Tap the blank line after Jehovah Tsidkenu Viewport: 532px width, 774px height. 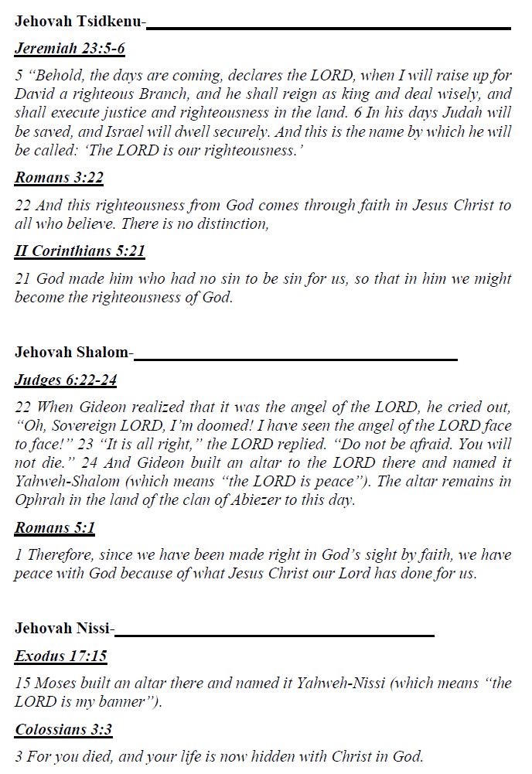pyautogui.click(x=329, y=28)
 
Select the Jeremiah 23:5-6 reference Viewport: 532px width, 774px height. pyautogui.click(x=70, y=49)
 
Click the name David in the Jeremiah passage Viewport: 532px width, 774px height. pyautogui.click(x=34, y=95)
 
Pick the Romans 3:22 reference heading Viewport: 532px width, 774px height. pyautogui.click(x=59, y=178)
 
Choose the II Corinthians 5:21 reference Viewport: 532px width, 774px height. pyautogui.click(x=80, y=251)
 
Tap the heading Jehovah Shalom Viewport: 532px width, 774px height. pyautogui.click(x=71, y=353)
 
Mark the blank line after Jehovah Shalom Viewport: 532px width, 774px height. pyautogui.click(x=295, y=359)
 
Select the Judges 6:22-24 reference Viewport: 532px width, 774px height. pyautogui.click(x=66, y=380)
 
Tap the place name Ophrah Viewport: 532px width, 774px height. pyautogui.click(x=37, y=500)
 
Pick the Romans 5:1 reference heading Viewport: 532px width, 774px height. pyautogui.click(x=54, y=529)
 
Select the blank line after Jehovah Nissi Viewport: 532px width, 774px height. pyautogui.click(x=275, y=635)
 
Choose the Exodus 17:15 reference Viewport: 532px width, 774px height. pyautogui.click(x=61, y=656)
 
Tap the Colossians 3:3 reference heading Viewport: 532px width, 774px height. pyautogui.click(x=63, y=729)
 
